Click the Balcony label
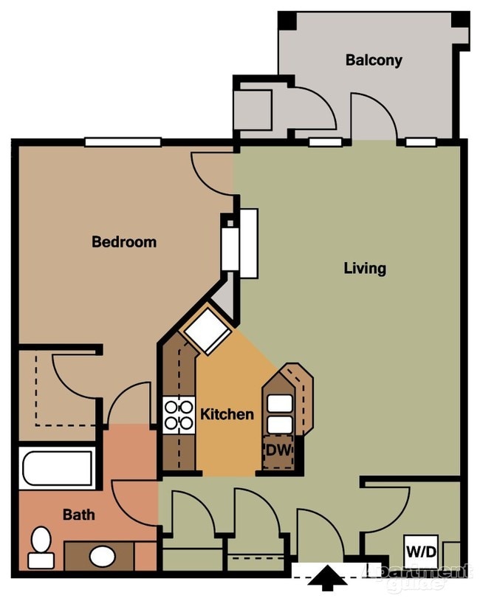click(x=374, y=61)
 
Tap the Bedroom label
click(x=123, y=241)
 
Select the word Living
click(x=365, y=268)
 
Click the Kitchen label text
click(x=227, y=414)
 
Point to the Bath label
click(x=78, y=515)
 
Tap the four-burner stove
click(x=178, y=415)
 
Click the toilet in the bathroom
click(x=41, y=548)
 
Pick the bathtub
click(x=58, y=468)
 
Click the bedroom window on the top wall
click(x=123, y=142)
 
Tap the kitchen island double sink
click(x=280, y=413)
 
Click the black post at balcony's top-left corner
click(x=287, y=21)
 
